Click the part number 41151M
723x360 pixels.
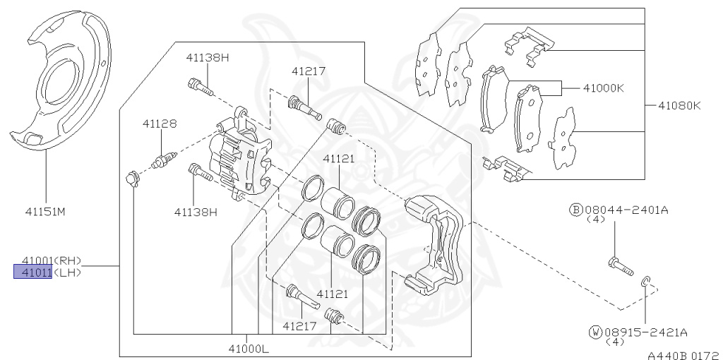pyautogui.click(x=45, y=212)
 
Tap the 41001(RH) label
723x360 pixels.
pyautogui.click(x=52, y=261)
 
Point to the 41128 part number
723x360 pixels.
pyautogui.click(x=159, y=124)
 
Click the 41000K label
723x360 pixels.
pyautogui.click(x=603, y=88)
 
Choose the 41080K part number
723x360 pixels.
pyautogui.click(x=679, y=106)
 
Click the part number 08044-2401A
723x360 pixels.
pyautogui.click(x=627, y=210)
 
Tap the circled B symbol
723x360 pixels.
pyautogui.click(x=576, y=210)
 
